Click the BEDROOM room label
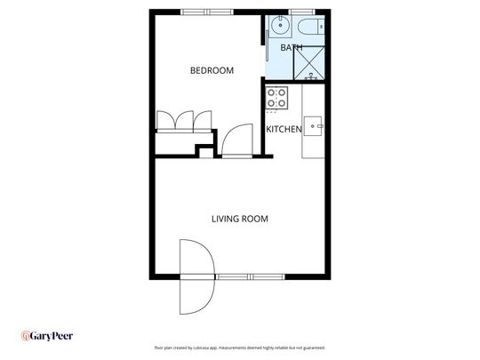[x=212, y=70]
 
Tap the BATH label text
[x=292, y=47]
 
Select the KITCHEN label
[x=284, y=130]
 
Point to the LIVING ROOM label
[x=239, y=219]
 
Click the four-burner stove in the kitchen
[x=276, y=97]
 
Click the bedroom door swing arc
[x=236, y=140]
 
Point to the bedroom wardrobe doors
[x=184, y=121]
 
